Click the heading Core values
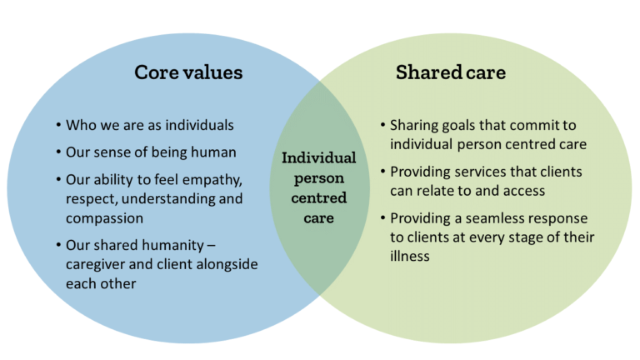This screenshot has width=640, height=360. pos(188,72)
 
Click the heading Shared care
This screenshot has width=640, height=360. pos(451,72)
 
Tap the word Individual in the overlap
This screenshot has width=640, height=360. pos(319,158)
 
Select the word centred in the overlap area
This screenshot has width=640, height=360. pos(319,198)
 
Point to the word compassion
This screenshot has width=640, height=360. pos(104,219)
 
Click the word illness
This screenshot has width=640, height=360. pos(410,257)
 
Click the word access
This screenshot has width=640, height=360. pos(524,191)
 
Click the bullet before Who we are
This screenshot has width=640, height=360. pos(59,124)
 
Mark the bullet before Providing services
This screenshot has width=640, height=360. pos(382,172)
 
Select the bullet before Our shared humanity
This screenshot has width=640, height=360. pos(59,245)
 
